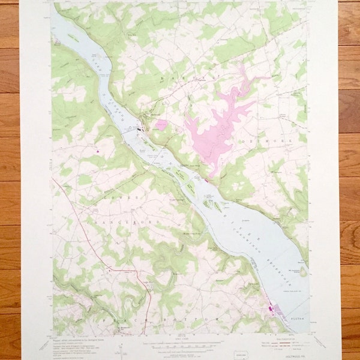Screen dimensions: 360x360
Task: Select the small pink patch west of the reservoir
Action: pyautogui.click(x=161, y=125)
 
